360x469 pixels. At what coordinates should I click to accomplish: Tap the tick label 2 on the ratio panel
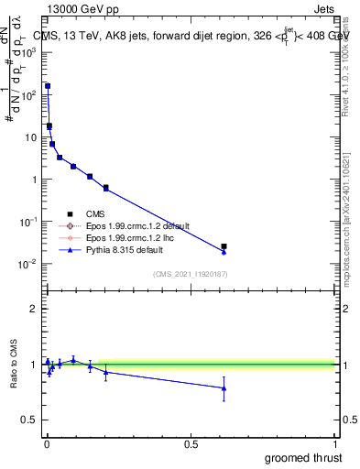[x=33, y=309]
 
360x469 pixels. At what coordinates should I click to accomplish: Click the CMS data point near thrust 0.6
[x=224, y=246]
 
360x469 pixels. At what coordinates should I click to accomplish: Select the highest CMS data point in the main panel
[x=48, y=86]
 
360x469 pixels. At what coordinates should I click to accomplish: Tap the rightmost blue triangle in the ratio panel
[x=224, y=388]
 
